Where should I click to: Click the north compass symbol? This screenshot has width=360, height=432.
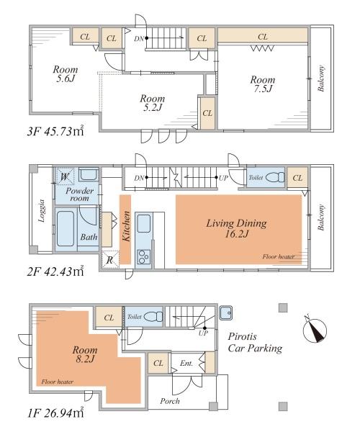(x=315, y=330)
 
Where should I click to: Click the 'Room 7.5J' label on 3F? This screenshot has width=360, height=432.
(x=263, y=84)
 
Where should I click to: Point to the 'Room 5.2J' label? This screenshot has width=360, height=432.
(x=153, y=102)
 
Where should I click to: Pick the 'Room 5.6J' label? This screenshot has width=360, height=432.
(x=66, y=74)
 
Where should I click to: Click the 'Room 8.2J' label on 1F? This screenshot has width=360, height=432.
(x=85, y=354)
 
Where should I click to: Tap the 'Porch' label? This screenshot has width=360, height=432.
(x=170, y=401)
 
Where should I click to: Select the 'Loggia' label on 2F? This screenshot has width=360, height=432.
(x=42, y=211)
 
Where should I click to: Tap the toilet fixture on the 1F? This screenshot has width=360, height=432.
(x=153, y=316)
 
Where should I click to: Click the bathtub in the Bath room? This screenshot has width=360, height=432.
(x=66, y=229)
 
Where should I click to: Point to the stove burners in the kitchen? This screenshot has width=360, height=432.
(x=143, y=257)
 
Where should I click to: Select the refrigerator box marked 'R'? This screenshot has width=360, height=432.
(x=110, y=259)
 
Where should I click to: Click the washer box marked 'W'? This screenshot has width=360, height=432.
(x=65, y=176)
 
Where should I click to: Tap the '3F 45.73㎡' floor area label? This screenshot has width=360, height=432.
(x=55, y=131)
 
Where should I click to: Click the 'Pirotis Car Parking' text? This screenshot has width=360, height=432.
(x=255, y=343)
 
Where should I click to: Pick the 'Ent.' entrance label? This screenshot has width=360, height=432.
(x=186, y=364)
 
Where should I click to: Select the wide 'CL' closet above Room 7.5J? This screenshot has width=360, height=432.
(x=263, y=35)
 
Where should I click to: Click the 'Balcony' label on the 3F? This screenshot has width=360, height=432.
(x=321, y=78)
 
